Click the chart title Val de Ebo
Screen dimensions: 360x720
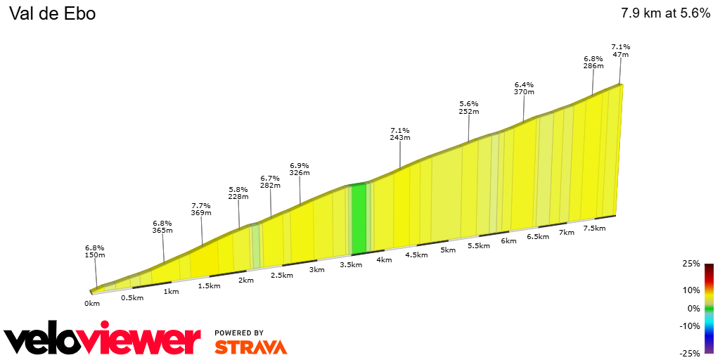coord(52,13)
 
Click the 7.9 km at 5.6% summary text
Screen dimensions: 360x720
coord(665,13)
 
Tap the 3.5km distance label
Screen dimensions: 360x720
coord(350,265)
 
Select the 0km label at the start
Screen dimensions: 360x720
coord(92,303)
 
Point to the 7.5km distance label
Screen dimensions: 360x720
coord(594,228)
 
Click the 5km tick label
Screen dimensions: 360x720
coord(448,250)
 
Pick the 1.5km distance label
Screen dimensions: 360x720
coord(209,285)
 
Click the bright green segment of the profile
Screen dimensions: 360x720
coord(359,218)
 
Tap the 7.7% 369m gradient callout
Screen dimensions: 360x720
coord(201,210)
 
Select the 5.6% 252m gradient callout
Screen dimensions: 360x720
coord(469,107)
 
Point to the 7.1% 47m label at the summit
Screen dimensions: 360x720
coord(620,50)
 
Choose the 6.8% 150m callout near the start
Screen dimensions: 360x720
coord(95,251)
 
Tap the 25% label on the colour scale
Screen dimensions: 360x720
coord(692,264)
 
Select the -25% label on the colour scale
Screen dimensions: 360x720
coord(690,353)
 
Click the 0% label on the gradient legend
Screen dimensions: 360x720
coord(693,308)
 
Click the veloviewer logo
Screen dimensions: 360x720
coord(102,341)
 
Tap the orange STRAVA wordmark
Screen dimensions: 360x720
coord(250,347)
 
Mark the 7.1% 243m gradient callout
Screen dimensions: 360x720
coord(400,134)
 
